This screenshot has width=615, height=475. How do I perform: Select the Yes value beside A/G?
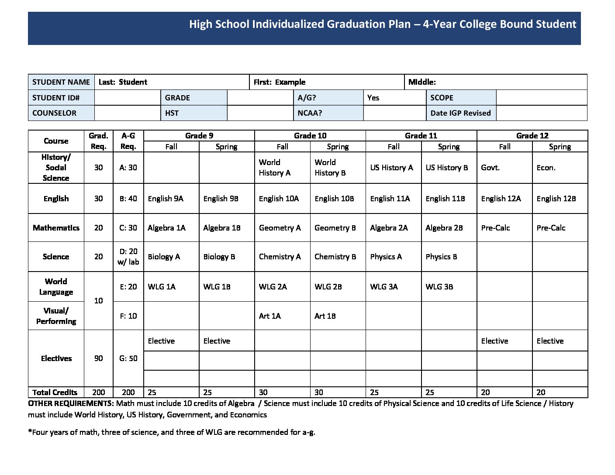[373, 98]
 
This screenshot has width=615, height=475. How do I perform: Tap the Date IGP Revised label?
[460, 113]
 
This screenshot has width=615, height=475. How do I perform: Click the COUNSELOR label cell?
[54, 113]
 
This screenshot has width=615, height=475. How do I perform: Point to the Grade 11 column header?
[421, 136]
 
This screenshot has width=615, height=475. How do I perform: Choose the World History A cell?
[275, 168]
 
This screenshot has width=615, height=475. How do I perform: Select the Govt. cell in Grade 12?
[490, 168]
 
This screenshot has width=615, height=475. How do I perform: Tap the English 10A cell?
[279, 199]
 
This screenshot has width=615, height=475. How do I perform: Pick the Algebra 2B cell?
[444, 228]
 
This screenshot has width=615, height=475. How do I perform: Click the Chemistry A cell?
[280, 257]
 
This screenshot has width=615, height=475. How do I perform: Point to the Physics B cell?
[441, 257]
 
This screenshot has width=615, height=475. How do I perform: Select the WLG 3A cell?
[384, 287]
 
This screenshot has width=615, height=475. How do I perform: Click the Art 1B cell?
[325, 316]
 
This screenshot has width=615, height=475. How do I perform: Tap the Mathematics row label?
[56, 228]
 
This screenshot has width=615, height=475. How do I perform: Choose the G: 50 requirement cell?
[128, 358]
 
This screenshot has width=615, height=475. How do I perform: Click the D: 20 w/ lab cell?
[128, 257]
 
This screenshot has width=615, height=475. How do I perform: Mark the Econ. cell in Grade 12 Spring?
[546, 168]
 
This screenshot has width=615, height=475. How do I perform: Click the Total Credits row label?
[55, 392]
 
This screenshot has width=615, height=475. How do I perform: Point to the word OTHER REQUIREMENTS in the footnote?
[71, 403]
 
